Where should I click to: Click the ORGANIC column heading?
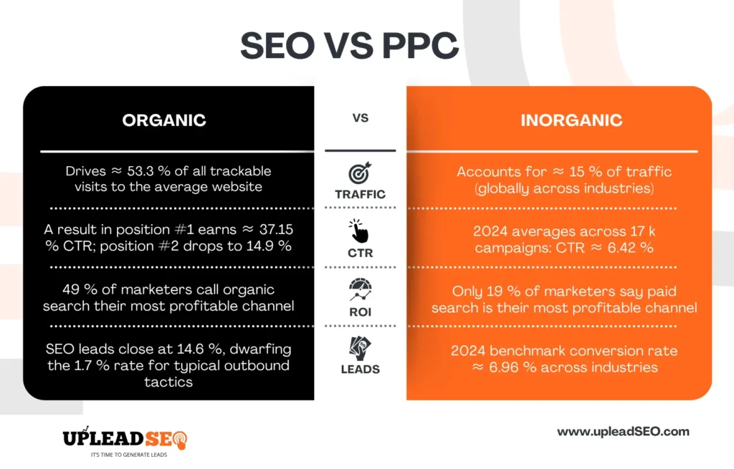(164, 120)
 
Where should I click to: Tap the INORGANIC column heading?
(571, 120)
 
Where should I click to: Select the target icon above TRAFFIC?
(360, 173)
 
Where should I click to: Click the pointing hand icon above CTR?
(358, 231)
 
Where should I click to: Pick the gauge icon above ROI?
(360, 290)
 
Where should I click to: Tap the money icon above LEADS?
(360, 349)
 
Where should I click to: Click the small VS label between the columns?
(361, 118)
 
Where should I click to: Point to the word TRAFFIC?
(360, 194)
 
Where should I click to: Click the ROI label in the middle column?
(360, 312)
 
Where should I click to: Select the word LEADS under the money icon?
(360, 369)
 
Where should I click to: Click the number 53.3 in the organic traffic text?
(140, 171)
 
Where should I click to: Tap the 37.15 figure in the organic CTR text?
(276, 230)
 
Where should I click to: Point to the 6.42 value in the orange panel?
(621, 248)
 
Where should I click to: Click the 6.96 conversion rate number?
(504, 367)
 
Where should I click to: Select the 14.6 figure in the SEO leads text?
(191, 349)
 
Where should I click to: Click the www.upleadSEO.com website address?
(623, 432)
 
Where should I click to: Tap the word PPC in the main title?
(420, 46)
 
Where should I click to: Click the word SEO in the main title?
(277, 46)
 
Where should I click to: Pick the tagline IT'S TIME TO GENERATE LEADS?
(129, 455)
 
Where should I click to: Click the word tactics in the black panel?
(168, 382)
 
